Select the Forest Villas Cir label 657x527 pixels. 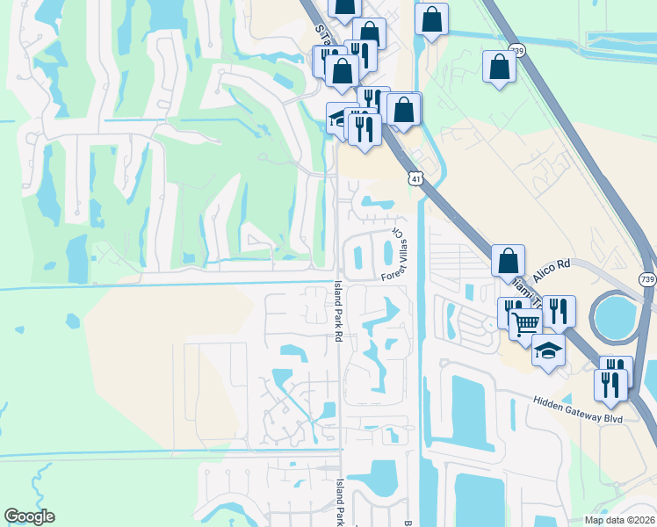tap(398, 256)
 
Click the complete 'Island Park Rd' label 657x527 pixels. tap(338, 311)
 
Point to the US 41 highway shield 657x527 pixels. tap(414, 179)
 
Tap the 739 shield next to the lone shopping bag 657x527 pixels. tap(518, 52)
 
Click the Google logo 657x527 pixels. tap(29, 516)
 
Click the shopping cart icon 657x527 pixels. tap(524, 323)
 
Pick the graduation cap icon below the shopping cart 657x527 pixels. tap(548, 350)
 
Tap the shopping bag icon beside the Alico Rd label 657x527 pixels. tap(508, 260)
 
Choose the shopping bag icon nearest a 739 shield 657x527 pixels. tap(499, 66)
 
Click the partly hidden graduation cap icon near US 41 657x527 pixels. tap(336, 118)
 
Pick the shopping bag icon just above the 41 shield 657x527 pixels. tap(404, 109)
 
